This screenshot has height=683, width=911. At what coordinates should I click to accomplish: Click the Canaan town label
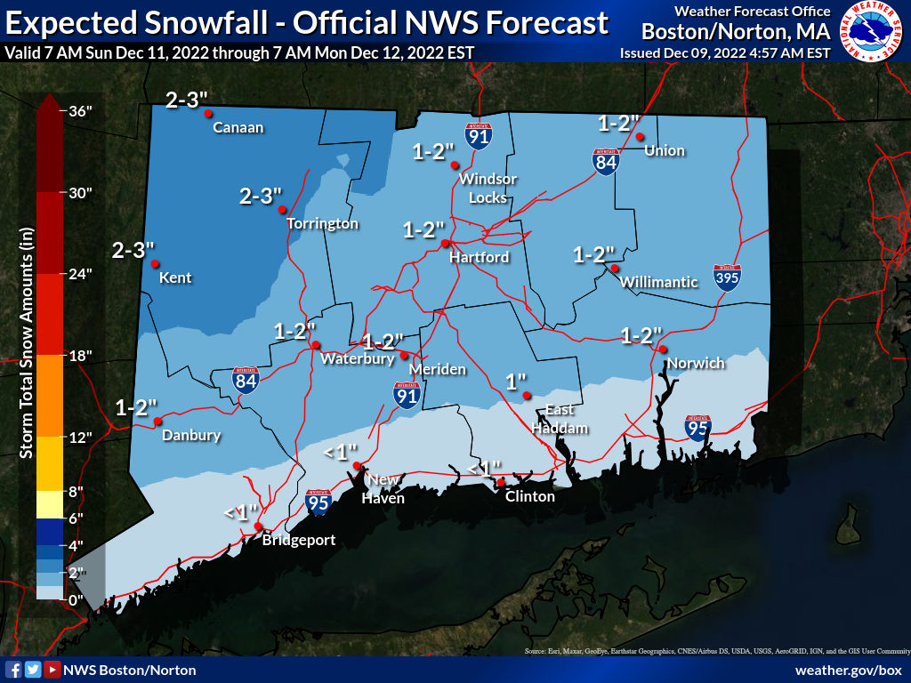pyautogui.click(x=238, y=127)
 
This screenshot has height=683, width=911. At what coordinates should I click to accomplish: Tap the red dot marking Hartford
pyautogui.click(x=446, y=243)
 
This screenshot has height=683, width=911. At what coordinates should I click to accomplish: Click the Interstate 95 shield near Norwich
pyautogui.click(x=698, y=428)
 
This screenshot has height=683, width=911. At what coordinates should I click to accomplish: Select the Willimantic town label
pyautogui.click(x=659, y=282)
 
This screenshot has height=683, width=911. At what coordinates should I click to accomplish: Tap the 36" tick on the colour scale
pyautogui.click(x=79, y=111)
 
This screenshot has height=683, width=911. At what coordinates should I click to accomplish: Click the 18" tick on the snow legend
pyautogui.click(x=79, y=356)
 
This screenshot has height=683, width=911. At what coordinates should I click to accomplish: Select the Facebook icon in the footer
pyautogui.click(x=14, y=670)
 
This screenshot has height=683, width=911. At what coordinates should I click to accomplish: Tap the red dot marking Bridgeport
pyautogui.click(x=258, y=527)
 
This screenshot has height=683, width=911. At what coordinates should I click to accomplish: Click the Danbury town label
pyautogui.click(x=191, y=436)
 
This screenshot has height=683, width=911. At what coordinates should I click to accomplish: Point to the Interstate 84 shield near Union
pyautogui.click(x=606, y=162)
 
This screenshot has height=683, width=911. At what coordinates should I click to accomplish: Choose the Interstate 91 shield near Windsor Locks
pyautogui.click(x=478, y=135)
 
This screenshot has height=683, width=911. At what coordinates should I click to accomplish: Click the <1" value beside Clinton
pyautogui.click(x=485, y=468)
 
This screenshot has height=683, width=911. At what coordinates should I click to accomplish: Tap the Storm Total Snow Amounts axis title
pyautogui.click(x=27, y=342)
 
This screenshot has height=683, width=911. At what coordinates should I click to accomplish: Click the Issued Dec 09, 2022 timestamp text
pyautogui.click(x=725, y=53)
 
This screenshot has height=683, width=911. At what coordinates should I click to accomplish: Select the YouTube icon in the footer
pyautogui.click(x=53, y=670)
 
